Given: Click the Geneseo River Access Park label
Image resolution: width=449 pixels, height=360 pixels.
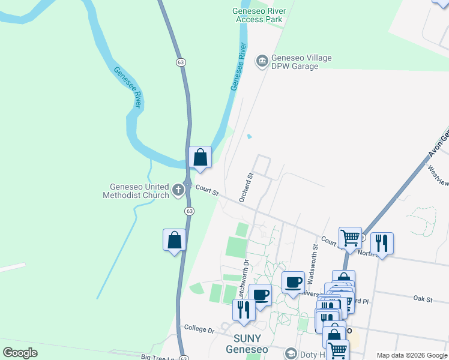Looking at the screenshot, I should [x=258, y=15].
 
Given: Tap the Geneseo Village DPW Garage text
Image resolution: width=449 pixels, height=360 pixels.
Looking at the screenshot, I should [x=295, y=62].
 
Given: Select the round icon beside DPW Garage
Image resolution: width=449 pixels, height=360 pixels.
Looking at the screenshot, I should [x=262, y=61].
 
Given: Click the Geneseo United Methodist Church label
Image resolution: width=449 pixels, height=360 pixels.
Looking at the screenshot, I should [x=137, y=190].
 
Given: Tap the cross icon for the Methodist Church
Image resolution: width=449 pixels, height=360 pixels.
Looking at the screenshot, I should [x=178, y=190].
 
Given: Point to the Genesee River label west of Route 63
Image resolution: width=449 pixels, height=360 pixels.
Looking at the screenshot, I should [x=127, y=88].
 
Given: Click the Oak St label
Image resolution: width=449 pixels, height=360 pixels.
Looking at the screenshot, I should [x=423, y=298].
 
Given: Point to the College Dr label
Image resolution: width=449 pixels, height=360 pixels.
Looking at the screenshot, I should [x=199, y=330].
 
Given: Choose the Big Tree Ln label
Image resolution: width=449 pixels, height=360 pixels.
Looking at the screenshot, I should [x=157, y=357].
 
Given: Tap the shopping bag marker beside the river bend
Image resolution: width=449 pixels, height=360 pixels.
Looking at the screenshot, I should [x=200, y=157].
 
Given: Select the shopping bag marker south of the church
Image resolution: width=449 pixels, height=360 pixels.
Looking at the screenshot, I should [x=174, y=240].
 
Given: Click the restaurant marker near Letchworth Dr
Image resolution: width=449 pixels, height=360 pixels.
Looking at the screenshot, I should [x=244, y=310].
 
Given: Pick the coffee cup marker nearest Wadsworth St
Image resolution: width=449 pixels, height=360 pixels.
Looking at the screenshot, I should [x=293, y=282].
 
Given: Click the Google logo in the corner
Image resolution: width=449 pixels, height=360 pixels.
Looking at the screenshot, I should [x=20, y=353].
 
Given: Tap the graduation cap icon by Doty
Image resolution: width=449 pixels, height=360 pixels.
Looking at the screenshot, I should [x=291, y=354].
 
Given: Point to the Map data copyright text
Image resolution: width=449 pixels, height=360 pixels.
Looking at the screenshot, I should [x=412, y=355].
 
